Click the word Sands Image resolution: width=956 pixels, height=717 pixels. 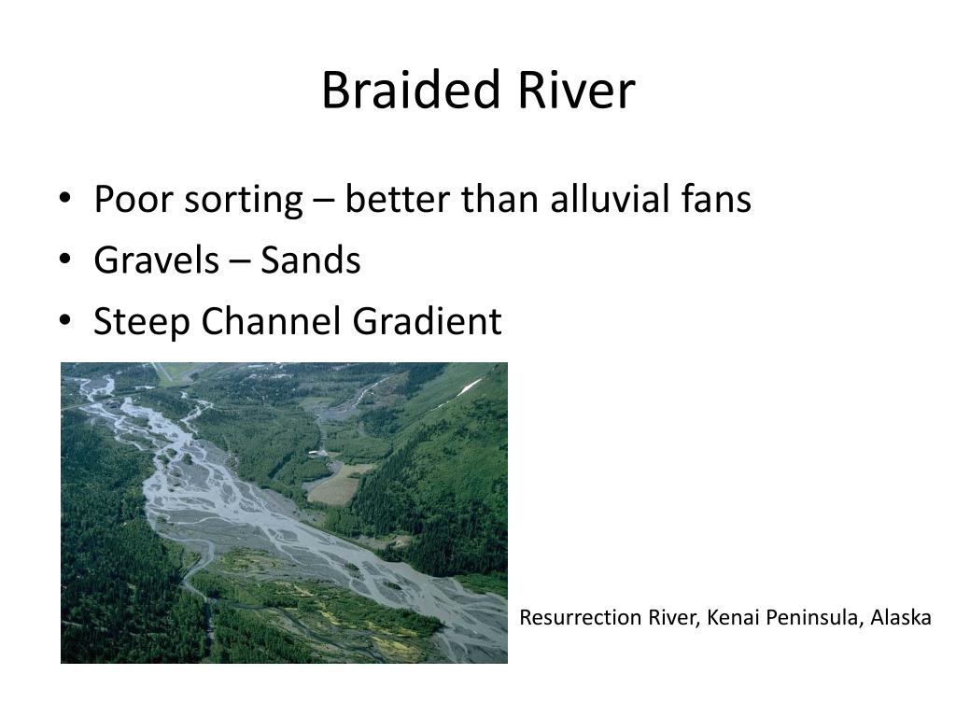(310, 260)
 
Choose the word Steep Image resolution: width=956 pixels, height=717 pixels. (143, 323)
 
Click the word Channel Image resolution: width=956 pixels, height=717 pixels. (273, 322)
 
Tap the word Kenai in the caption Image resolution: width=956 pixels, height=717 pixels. (734, 618)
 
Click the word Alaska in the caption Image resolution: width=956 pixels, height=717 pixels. (901, 618)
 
